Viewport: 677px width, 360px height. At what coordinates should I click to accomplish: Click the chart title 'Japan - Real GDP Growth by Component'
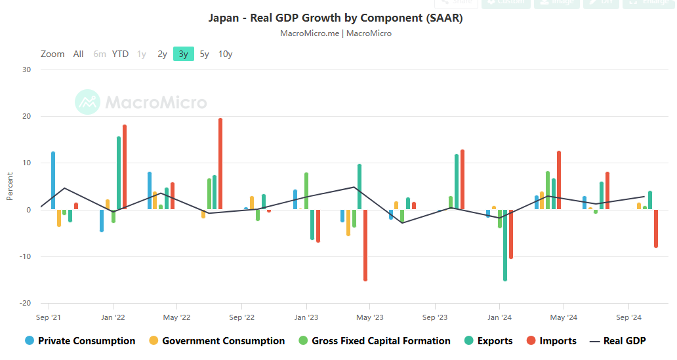click(x=335, y=18)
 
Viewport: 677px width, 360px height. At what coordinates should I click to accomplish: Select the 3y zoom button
click(x=184, y=54)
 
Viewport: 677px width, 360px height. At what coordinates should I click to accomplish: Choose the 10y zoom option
click(x=225, y=54)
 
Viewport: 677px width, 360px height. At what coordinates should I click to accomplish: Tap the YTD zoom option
click(x=120, y=54)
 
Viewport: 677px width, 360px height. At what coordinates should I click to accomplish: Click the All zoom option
click(x=78, y=54)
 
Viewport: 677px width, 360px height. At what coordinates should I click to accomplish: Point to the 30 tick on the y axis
click(x=27, y=70)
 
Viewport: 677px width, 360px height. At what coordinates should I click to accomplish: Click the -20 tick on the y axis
click(x=26, y=303)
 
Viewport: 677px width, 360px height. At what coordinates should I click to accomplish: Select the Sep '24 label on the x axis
click(x=628, y=317)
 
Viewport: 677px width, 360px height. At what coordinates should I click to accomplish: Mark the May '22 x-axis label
click(x=176, y=317)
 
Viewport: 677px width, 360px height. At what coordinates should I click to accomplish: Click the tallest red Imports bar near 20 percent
click(x=220, y=164)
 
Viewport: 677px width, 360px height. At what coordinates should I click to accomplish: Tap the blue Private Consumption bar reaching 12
click(x=53, y=180)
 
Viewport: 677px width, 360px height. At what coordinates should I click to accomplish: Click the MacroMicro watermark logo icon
click(x=87, y=102)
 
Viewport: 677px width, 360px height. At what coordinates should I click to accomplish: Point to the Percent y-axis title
click(x=10, y=186)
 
